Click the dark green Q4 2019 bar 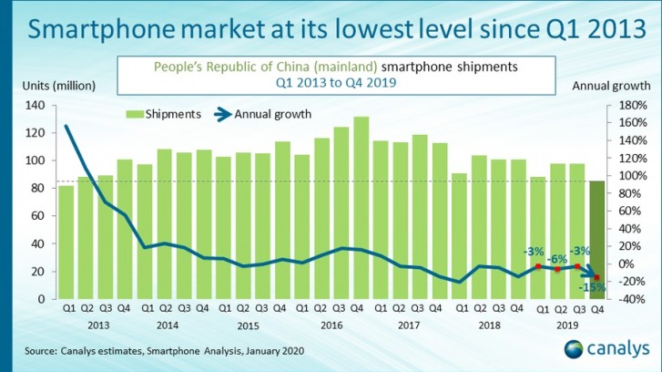596,240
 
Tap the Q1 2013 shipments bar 66,242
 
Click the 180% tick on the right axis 630,106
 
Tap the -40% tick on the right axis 630,299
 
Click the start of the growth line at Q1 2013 66,127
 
